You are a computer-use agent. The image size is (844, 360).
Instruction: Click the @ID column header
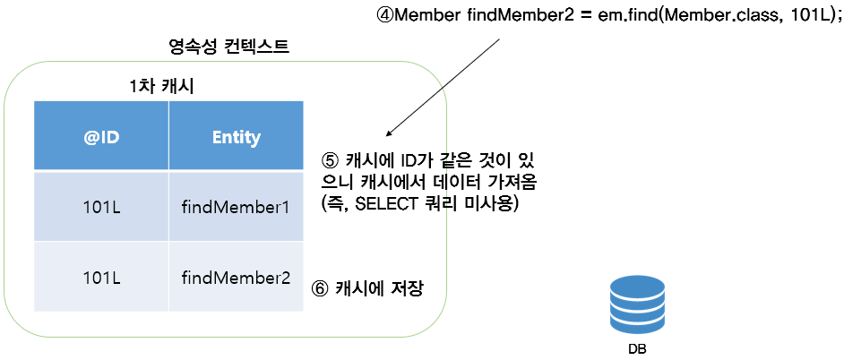coord(100,137)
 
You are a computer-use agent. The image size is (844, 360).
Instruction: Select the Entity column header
coord(236,137)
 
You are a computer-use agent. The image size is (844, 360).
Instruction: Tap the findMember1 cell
coord(236,208)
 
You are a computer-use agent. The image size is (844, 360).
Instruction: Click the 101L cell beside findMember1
coord(100,208)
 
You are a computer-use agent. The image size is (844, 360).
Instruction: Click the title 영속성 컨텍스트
coord(228,47)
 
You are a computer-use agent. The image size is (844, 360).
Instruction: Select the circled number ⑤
coord(329,162)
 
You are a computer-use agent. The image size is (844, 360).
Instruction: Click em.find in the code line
coord(623,18)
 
